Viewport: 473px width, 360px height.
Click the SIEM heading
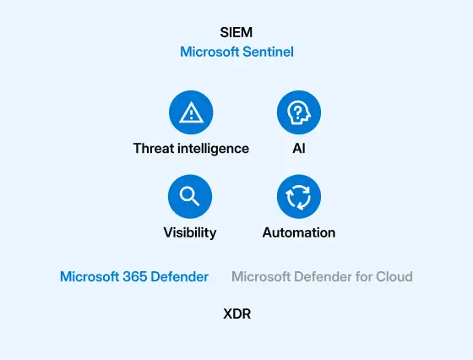click(236, 32)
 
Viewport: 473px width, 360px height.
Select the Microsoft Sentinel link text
click(236, 52)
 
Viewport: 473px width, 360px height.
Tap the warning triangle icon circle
click(191, 112)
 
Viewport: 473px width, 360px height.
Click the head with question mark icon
click(299, 112)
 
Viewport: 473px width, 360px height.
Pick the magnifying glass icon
click(190, 196)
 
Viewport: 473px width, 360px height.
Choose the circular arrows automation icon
click(299, 196)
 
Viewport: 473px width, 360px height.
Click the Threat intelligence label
click(191, 149)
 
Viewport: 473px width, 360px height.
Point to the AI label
click(299, 148)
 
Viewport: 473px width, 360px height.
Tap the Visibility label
click(190, 232)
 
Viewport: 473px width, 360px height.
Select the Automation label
click(299, 232)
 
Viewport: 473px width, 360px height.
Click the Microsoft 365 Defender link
click(134, 276)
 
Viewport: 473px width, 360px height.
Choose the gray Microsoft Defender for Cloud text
click(322, 276)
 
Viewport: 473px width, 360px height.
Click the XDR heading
click(237, 314)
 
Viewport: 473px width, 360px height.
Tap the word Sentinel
click(269, 52)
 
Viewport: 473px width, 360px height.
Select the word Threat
click(154, 148)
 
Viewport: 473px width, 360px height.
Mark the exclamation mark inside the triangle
click(191, 114)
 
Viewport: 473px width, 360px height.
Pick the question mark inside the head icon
click(297, 112)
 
